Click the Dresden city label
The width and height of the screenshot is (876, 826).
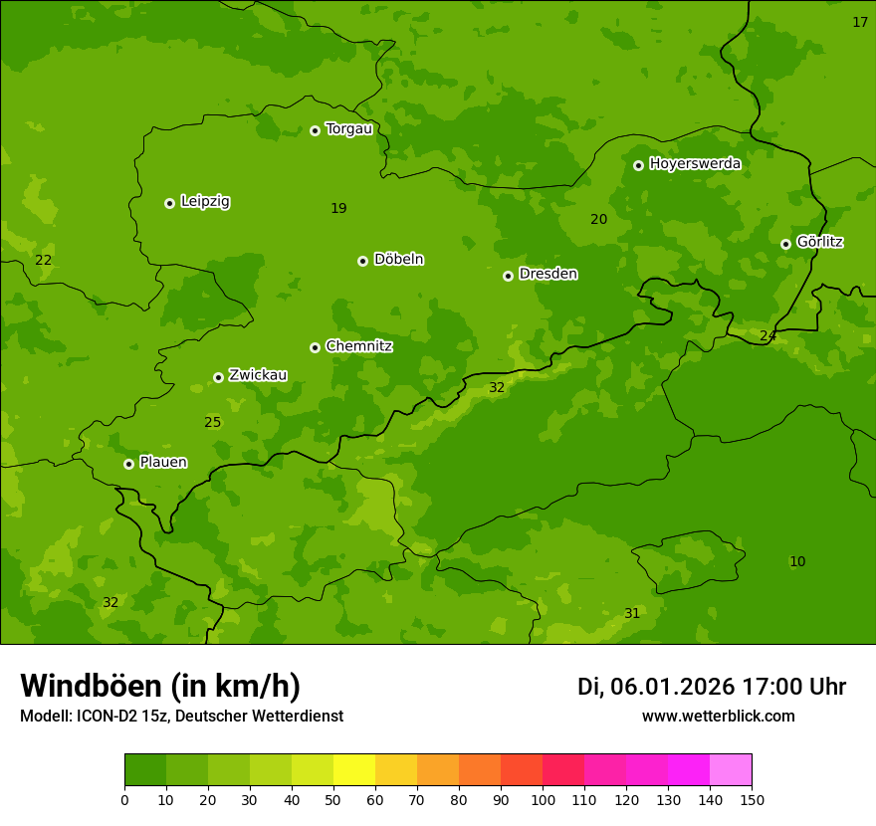coord(547,274)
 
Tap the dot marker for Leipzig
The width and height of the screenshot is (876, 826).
coord(169,203)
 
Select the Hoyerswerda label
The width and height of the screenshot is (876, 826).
coord(695,163)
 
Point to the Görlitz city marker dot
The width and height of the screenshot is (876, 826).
coord(785,244)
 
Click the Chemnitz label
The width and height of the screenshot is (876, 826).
coord(358,346)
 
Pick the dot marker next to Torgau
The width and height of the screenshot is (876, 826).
coord(315,130)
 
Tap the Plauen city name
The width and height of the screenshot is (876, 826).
coord(163,462)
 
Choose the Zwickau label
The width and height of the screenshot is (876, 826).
coord(258,375)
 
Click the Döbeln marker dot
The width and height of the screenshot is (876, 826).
coord(362,261)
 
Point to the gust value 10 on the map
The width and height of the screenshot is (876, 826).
coord(797,562)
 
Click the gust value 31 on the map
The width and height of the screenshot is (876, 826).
coord(632,614)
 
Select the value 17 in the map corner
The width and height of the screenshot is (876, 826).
coord(860,22)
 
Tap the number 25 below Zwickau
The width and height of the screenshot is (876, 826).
coord(212,423)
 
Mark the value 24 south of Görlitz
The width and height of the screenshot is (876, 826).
coord(767,336)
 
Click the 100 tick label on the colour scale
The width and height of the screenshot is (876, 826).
coord(543,799)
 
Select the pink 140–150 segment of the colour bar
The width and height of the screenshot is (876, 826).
coord(731,770)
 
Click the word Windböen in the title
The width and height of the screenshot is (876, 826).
coord(91,686)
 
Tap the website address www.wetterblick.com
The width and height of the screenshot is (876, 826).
coord(718,716)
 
